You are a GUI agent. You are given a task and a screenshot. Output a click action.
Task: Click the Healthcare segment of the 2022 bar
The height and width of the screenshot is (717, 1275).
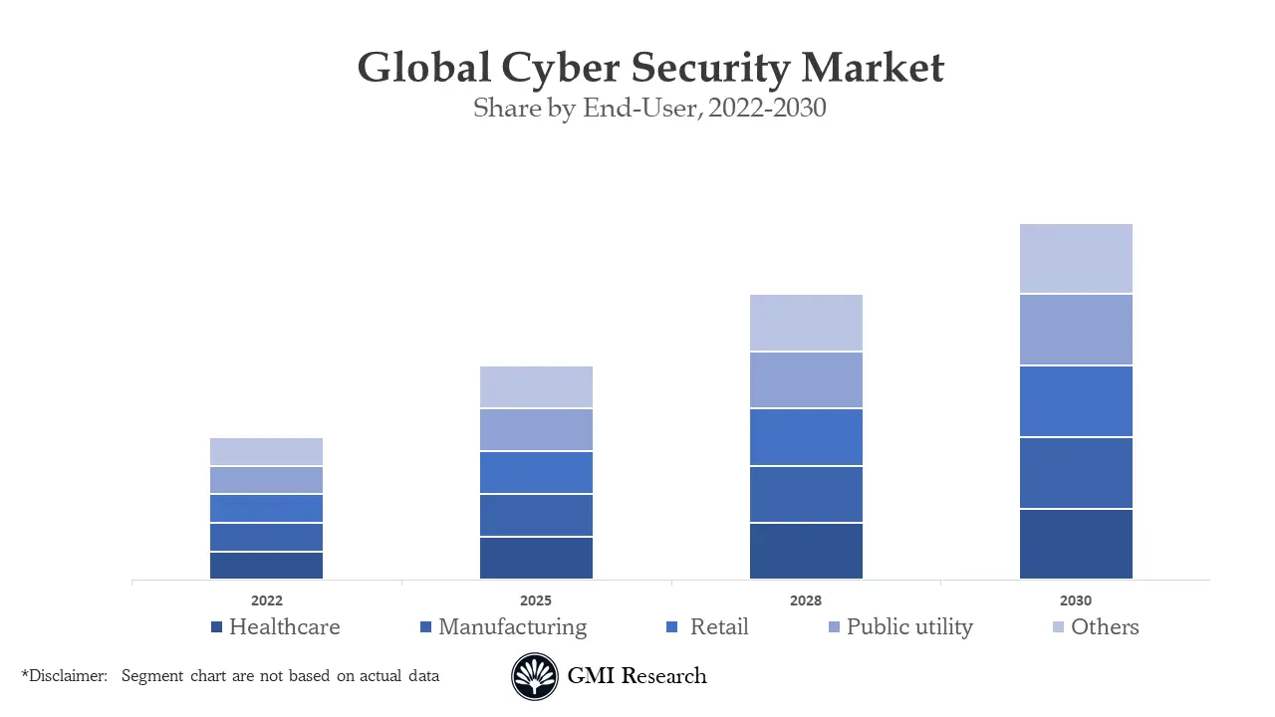266,565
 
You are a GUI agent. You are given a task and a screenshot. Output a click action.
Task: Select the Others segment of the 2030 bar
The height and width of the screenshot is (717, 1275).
1076,258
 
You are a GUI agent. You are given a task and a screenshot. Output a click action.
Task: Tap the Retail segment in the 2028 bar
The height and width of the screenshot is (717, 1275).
806,437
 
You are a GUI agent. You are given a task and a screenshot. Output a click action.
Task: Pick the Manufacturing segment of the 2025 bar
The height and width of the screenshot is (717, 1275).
536,515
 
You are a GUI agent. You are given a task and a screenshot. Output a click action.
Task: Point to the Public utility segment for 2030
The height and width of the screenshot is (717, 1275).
1076,330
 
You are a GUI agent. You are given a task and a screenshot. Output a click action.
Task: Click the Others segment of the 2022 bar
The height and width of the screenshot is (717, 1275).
266,451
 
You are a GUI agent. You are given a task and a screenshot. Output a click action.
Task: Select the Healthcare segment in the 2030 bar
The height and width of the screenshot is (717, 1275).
1076,544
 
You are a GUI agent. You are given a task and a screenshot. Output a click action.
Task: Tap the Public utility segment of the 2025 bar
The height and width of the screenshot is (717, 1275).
536,429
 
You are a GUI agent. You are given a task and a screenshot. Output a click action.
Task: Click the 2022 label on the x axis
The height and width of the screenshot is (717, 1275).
266,600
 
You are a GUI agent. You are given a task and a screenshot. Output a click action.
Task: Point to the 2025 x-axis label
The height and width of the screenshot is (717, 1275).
536,600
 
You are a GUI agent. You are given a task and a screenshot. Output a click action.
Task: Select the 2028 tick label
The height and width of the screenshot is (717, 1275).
806,600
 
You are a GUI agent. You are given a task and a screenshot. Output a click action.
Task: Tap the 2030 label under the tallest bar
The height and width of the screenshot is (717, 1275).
1076,600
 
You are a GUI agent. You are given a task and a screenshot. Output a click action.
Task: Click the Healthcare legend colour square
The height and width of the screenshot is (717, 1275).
216,627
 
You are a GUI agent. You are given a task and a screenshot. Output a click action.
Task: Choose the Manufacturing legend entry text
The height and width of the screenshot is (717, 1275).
512,627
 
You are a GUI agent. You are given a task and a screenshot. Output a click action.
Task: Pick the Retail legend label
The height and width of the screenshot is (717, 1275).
718,627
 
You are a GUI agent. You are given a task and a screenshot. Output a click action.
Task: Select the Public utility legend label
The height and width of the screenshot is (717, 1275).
909,627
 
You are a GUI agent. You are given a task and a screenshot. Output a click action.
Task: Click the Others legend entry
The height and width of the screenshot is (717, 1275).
1105,627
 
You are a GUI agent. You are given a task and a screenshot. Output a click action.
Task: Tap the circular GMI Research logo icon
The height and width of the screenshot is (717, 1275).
535,677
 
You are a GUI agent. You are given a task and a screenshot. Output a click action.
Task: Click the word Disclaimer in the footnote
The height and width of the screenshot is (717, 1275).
67,676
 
